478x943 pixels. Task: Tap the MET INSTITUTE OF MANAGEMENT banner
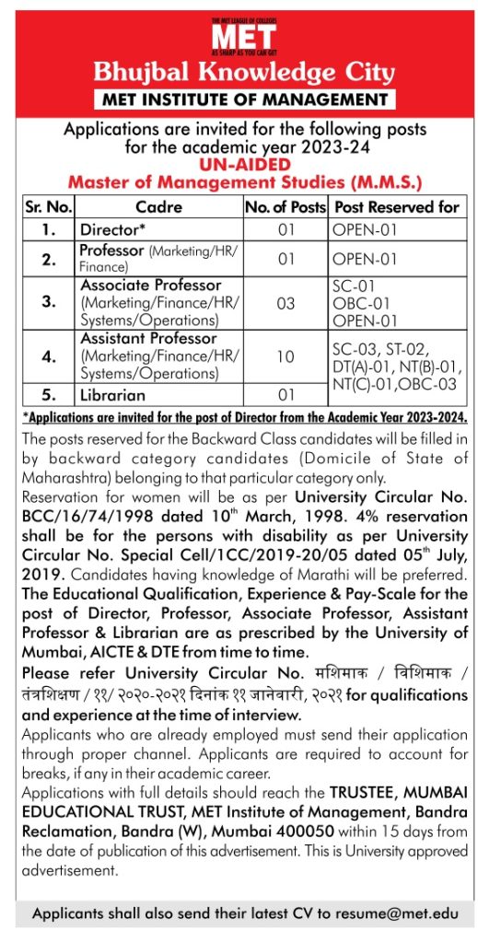[x=244, y=99]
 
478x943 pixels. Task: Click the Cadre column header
[x=158, y=207]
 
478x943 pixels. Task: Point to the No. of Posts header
[x=285, y=207]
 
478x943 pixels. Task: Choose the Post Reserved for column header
[x=397, y=207]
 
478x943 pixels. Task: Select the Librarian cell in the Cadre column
[x=113, y=395]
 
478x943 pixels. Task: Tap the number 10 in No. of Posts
[x=286, y=355]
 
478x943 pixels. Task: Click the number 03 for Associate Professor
[x=286, y=302]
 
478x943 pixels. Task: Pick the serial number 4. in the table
[x=49, y=355]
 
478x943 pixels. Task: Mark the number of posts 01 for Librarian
[x=286, y=395]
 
